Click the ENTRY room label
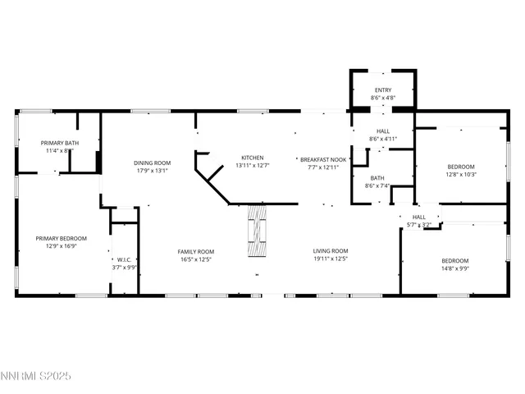coord(383,90)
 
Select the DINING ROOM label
coord(152,163)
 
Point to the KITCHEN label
coord(252,158)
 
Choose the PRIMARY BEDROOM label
coord(61,238)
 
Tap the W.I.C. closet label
coord(125,259)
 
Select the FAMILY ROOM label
coord(195,251)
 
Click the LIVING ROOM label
coord(331,251)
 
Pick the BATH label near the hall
coord(377,178)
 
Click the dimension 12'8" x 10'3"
coord(461,174)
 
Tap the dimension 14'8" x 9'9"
coord(454,268)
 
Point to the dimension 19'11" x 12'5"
coord(331,259)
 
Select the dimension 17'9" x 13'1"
coord(152,171)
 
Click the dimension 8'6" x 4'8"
coord(383,98)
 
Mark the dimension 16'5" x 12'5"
coord(195,259)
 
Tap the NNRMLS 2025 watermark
coord(38,376)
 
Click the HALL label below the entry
coord(383,131)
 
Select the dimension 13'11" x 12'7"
coord(252,166)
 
